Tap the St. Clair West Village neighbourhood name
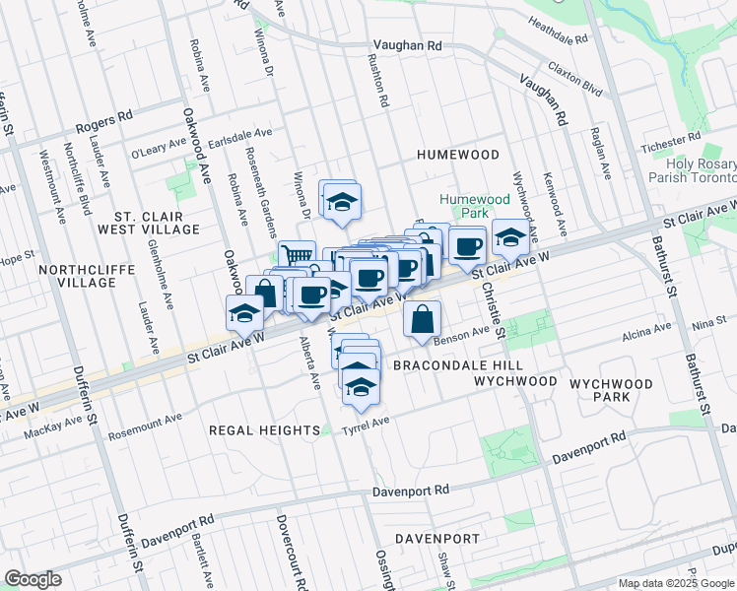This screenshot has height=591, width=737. tap(156, 222)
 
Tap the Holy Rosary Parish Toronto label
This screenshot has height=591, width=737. tap(687, 170)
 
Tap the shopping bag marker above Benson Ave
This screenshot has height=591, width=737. tap(422, 319)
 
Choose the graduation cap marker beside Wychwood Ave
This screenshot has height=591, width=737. tap(509, 236)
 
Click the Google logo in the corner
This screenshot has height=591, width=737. tap(33, 578)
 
